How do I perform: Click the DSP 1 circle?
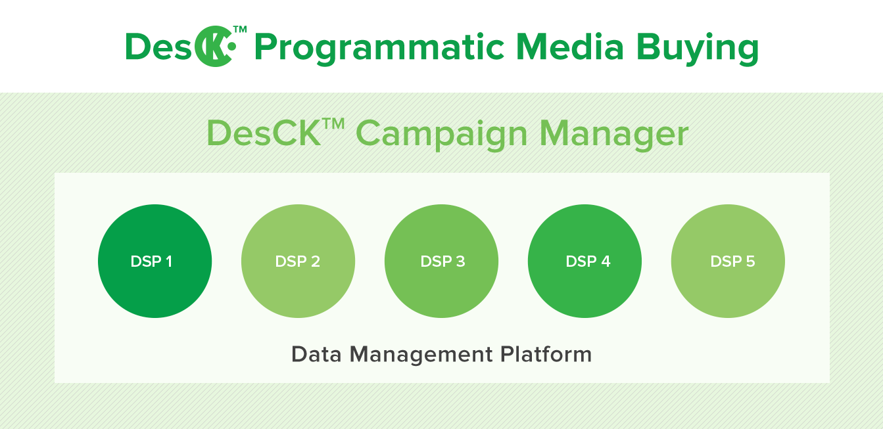click(155, 261)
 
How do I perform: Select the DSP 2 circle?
click(298, 261)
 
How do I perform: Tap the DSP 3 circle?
click(442, 261)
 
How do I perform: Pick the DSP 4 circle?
click(585, 261)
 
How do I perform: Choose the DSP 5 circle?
click(728, 261)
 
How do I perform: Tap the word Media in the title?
click(569, 47)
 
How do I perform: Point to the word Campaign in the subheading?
click(442, 135)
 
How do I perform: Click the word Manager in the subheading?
click(614, 135)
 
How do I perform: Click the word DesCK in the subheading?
click(264, 133)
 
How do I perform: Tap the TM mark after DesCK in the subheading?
click(333, 124)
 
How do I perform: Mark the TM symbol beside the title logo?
click(240, 30)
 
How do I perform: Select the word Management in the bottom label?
click(421, 355)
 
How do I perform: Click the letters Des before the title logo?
click(158, 47)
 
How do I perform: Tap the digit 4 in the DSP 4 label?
click(606, 261)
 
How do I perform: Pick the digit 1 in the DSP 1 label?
click(169, 261)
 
